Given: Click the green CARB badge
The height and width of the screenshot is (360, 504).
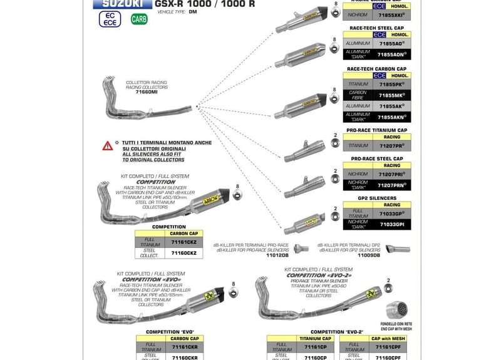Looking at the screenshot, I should [x=140, y=19].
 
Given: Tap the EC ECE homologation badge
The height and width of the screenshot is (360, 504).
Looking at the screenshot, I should [x=110, y=19].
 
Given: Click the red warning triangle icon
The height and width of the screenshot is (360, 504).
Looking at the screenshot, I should [x=108, y=146].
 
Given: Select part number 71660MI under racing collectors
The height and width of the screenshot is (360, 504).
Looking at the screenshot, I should [x=147, y=92].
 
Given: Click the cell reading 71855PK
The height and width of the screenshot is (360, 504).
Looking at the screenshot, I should [x=392, y=83].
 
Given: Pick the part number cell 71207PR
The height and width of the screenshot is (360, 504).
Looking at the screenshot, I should [x=392, y=145].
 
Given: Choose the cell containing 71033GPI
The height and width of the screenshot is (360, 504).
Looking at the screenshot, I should [x=392, y=224].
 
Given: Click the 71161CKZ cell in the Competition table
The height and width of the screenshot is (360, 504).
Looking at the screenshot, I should [x=184, y=241].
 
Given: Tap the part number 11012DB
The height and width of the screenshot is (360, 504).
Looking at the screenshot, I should [x=277, y=255].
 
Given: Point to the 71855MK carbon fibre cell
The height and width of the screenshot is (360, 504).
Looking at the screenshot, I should [x=392, y=95].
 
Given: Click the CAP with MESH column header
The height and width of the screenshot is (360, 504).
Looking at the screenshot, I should [x=376, y=338].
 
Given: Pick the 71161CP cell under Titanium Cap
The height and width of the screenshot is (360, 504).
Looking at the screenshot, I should [x=315, y=346].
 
